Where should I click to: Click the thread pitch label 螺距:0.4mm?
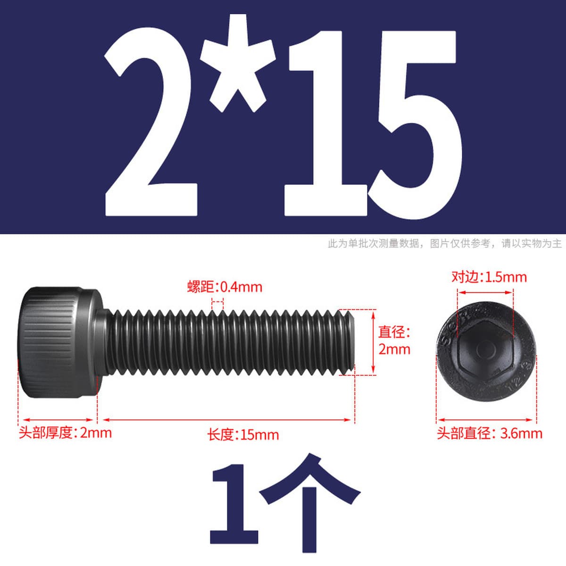(225, 287)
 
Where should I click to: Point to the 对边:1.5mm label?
(489, 277)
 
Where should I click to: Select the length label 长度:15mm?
(243, 435)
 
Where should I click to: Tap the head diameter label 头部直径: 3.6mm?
(489, 433)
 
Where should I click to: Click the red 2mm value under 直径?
(394, 350)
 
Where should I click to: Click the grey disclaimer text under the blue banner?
(445, 243)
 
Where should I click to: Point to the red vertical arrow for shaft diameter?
(373, 342)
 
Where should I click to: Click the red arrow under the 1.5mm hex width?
(485, 292)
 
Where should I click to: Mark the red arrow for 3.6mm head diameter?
(486, 420)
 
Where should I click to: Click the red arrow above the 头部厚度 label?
(58, 420)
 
